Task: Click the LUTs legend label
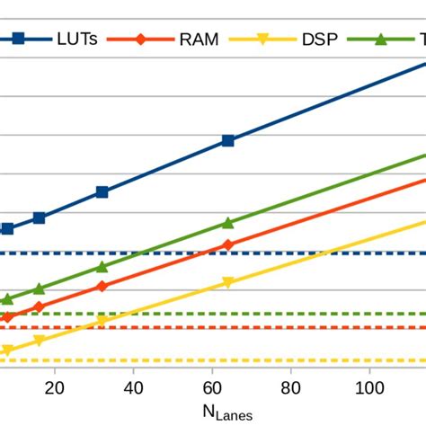tap(78, 39)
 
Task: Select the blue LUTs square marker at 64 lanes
tap(227, 140)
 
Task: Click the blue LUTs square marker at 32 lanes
tap(102, 191)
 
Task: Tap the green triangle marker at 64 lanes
tap(227, 222)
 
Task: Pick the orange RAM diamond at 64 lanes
tap(227, 245)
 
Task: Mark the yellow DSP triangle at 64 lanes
tap(227, 282)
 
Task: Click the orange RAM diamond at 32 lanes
tap(102, 286)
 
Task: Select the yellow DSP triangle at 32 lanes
tap(102, 320)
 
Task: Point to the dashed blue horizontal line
tap(270, 253)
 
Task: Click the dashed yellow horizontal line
tap(270, 359)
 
